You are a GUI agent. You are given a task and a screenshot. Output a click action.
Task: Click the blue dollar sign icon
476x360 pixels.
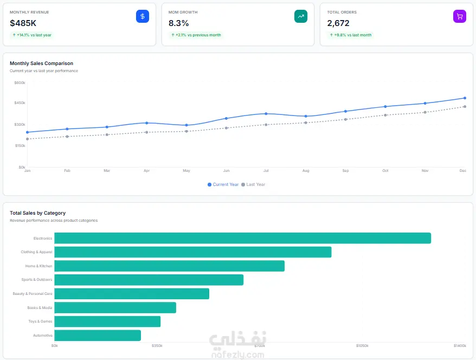point(143,16)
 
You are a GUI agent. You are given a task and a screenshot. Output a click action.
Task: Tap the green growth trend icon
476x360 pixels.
point(301,16)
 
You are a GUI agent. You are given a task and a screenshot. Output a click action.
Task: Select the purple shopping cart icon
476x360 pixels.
point(460,16)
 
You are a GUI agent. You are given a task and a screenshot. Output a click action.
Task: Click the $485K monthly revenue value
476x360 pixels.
point(23,23)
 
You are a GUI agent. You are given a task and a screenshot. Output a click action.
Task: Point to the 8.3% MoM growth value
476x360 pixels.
point(178,23)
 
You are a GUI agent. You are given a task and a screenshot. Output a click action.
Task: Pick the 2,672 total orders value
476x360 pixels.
point(338,23)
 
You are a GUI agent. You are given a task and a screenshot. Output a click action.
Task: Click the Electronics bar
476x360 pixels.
point(242,238)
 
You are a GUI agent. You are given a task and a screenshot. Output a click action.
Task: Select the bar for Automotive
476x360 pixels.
point(98,336)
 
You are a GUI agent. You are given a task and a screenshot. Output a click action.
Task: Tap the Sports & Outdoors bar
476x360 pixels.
point(149,280)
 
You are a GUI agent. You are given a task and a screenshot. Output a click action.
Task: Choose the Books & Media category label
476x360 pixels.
point(40,307)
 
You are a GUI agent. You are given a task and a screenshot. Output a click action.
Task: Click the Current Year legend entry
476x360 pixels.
point(223,184)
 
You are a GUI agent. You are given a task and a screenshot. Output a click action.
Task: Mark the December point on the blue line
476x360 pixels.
point(465,98)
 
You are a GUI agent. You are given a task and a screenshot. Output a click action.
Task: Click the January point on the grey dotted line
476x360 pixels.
point(27,139)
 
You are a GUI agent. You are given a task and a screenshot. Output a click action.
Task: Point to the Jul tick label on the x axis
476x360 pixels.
point(266,171)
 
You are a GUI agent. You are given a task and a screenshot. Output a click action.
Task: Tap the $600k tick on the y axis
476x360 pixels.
point(20,82)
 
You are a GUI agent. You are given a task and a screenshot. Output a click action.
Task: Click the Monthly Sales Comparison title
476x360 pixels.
point(41,63)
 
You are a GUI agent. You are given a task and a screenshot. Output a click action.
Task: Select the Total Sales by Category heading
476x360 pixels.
point(37,213)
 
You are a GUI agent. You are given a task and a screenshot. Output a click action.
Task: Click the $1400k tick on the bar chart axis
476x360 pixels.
point(460,345)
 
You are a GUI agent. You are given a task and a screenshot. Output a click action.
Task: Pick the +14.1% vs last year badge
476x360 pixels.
point(32,35)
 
